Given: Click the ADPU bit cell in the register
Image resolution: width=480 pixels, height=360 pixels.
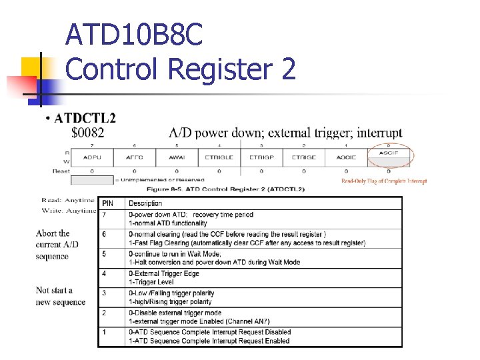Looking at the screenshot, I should click(92, 157).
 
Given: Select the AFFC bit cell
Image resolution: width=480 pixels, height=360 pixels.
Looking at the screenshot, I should click(134, 157).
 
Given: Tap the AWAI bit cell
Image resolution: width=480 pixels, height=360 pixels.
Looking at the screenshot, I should click(177, 157).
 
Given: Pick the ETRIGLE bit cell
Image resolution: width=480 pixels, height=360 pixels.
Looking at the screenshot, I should click(219, 157).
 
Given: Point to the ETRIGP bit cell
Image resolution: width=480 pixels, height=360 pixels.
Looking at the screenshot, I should click(261, 157).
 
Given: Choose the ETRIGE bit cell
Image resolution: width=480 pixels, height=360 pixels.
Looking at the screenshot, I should click(303, 157).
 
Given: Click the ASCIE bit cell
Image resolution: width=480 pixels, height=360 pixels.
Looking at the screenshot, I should click(346, 157).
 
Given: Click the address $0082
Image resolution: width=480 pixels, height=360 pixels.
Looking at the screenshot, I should click(87, 132).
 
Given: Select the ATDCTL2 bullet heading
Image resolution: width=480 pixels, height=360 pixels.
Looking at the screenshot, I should click(85, 119).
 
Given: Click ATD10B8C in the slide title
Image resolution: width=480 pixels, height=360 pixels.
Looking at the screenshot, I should click(134, 35).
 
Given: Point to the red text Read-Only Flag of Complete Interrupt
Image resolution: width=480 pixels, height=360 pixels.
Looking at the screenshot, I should click(384, 181).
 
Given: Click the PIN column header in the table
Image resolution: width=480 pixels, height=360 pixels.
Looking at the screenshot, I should click(108, 203).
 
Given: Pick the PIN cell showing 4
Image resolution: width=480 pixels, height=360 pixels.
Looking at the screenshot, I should click(104, 273).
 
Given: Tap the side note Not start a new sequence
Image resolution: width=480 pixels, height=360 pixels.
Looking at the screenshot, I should click(61, 296).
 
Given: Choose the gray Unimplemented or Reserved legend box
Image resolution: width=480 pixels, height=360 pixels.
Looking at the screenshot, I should click(92, 180).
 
